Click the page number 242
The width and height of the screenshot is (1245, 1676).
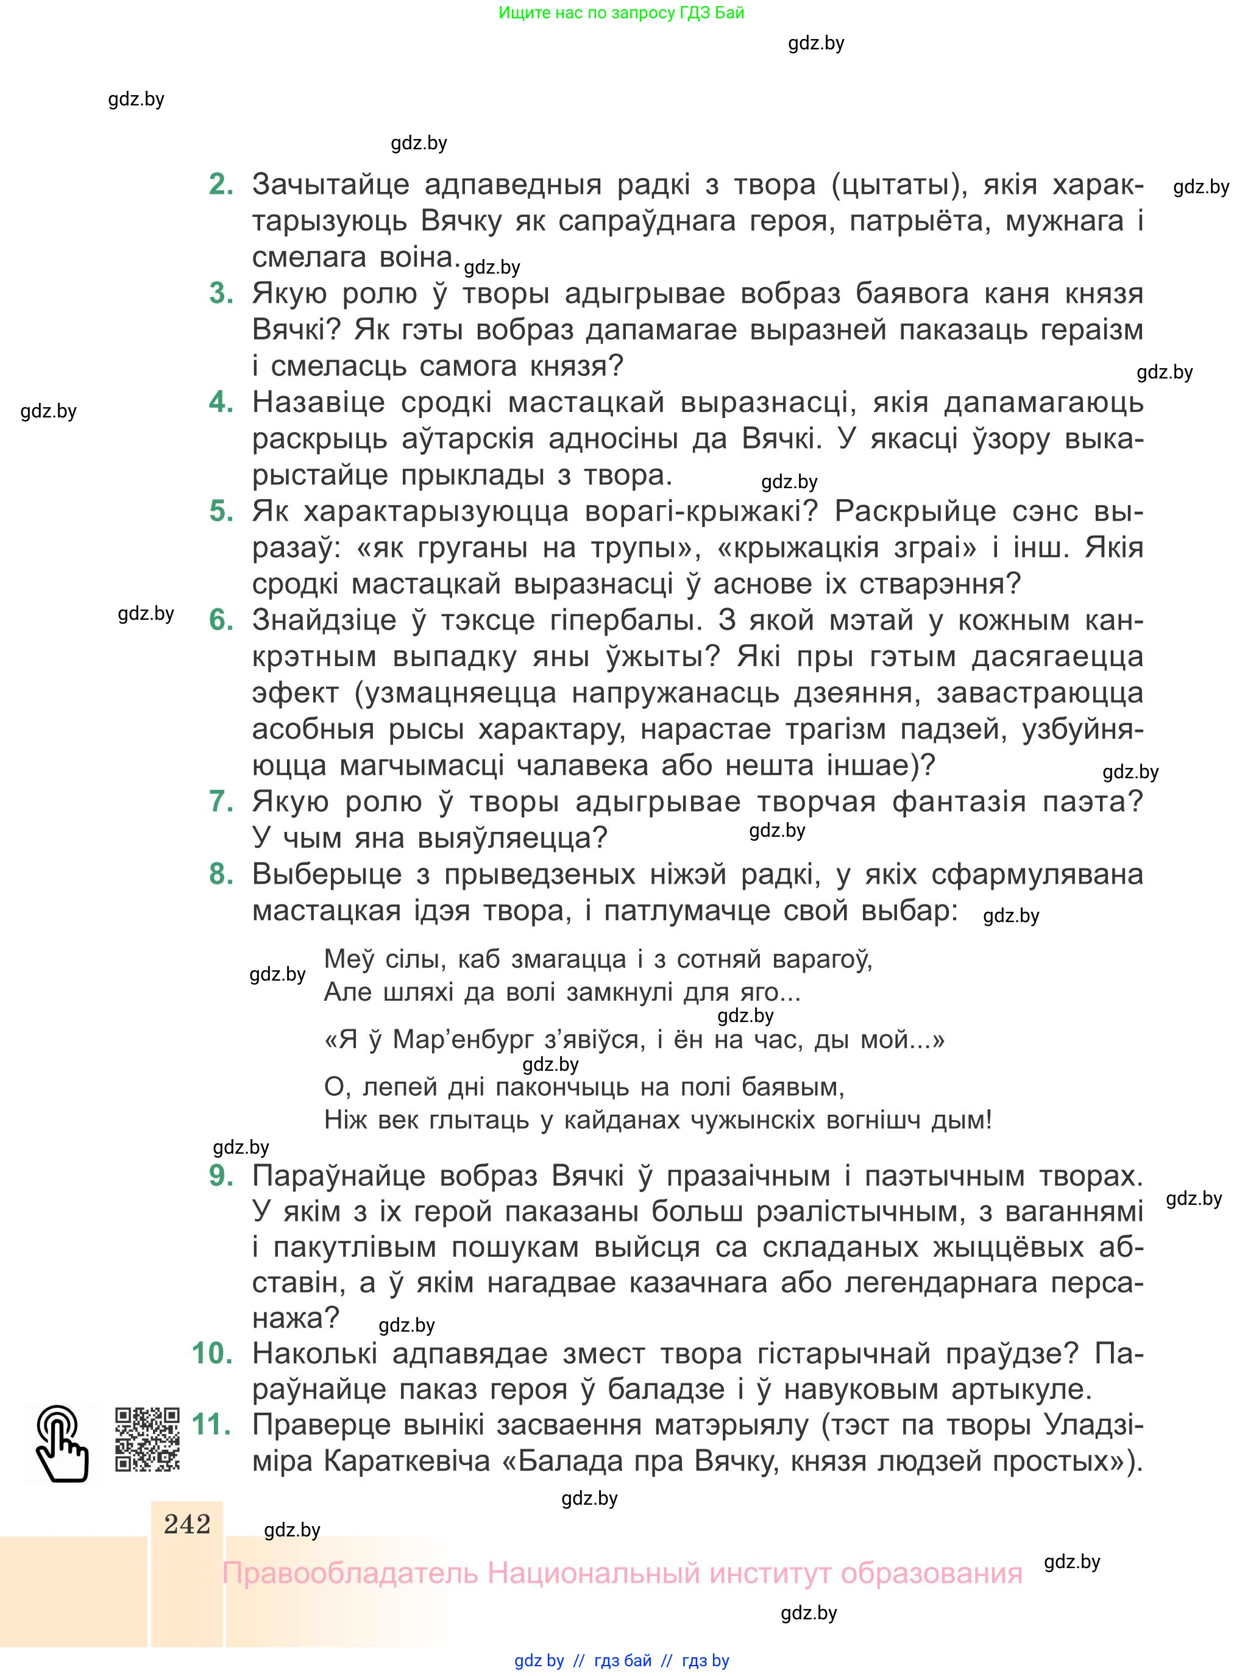pyautogui.click(x=187, y=1524)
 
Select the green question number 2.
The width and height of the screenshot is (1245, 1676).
pyautogui.click(x=221, y=184)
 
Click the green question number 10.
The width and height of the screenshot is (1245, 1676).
pyautogui.click(x=212, y=1353)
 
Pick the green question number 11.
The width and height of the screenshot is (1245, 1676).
pyautogui.click(x=212, y=1424)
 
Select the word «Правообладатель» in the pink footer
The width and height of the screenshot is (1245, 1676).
pyautogui.click(x=350, y=1574)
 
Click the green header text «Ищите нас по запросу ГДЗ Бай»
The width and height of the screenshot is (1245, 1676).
pyautogui.click(x=621, y=13)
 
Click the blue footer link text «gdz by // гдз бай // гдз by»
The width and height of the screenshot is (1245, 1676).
pyautogui.click(x=621, y=1660)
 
